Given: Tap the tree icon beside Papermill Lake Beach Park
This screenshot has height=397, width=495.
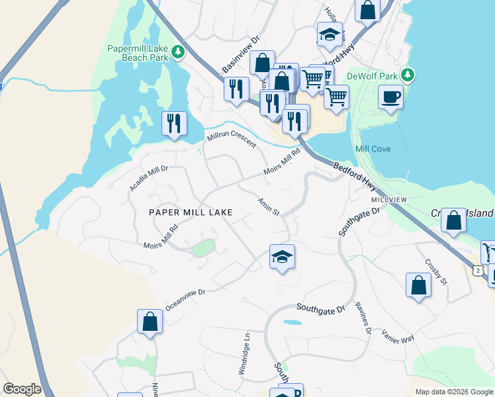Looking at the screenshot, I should [x=177, y=52].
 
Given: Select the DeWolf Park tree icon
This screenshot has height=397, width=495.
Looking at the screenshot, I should [x=409, y=75].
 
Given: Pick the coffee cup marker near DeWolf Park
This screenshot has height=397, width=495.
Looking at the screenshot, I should [x=390, y=97].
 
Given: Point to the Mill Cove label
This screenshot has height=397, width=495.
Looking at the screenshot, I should [x=373, y=149].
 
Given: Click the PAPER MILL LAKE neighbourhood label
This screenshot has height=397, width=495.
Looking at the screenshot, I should [x=191, y=212].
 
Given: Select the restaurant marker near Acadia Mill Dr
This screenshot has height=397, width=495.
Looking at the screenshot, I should [x=174, y=124].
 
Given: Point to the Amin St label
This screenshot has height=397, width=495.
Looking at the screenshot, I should [x=269, y=206].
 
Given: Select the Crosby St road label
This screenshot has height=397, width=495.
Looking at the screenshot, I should [x=437, y=271].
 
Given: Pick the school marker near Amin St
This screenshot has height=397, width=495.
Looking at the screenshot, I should [x=282, y=257].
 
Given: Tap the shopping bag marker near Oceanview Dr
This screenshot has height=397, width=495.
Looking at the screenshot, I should [x=150, y=322].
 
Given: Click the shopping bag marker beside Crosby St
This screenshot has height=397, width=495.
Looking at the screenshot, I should [x=418, y=286].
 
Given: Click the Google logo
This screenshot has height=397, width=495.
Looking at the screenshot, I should [x=22, y=389].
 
